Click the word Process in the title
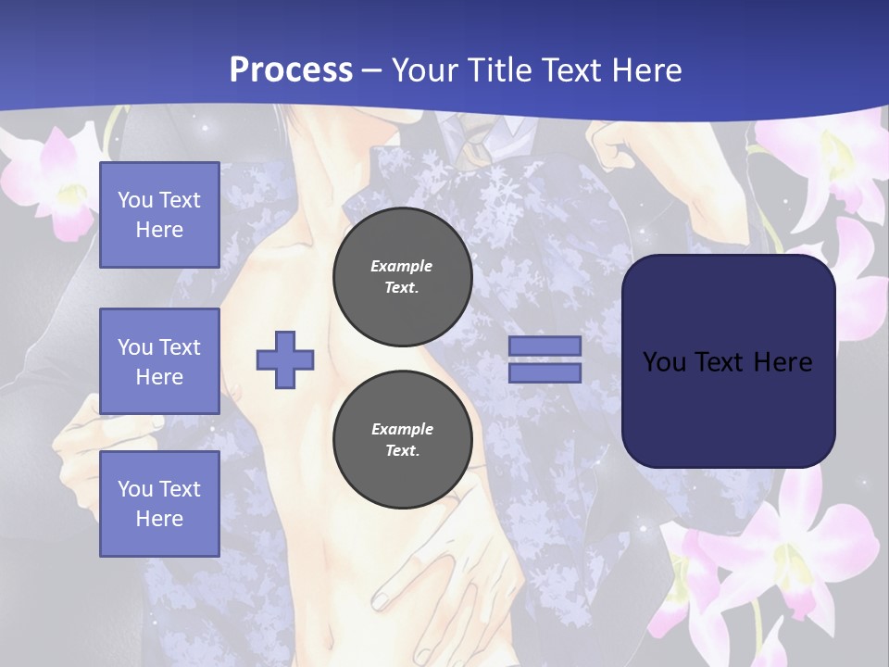coord(291,70)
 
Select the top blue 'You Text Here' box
coord(159,215)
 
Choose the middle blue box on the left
coord(159,361)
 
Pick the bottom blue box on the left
coord(159,503)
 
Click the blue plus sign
coord(285,359)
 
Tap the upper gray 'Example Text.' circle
coord(402,276)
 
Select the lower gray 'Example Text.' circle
coord(402,439)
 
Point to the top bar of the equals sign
coord(545,346)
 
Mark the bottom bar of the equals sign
coord(545,372)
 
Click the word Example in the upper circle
coord(402,266)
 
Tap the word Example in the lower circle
coord(402,429)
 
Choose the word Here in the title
coord(649,70)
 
